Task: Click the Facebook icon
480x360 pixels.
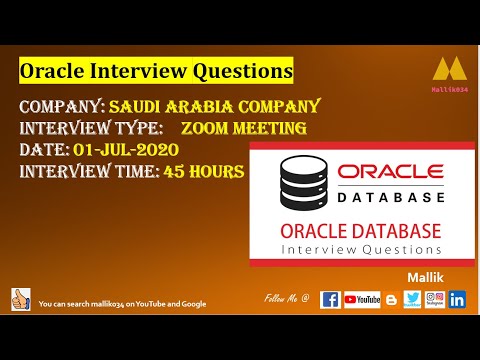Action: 330,299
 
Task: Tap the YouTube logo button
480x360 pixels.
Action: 362,299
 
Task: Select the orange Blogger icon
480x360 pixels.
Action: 391,299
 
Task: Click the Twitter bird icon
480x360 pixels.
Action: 412,299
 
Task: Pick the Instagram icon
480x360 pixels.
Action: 434,299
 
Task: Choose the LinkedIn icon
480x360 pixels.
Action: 457,299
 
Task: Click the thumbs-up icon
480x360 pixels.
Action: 21,299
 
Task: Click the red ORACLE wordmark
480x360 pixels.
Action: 388,170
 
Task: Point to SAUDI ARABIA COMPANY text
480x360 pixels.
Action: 214,105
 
